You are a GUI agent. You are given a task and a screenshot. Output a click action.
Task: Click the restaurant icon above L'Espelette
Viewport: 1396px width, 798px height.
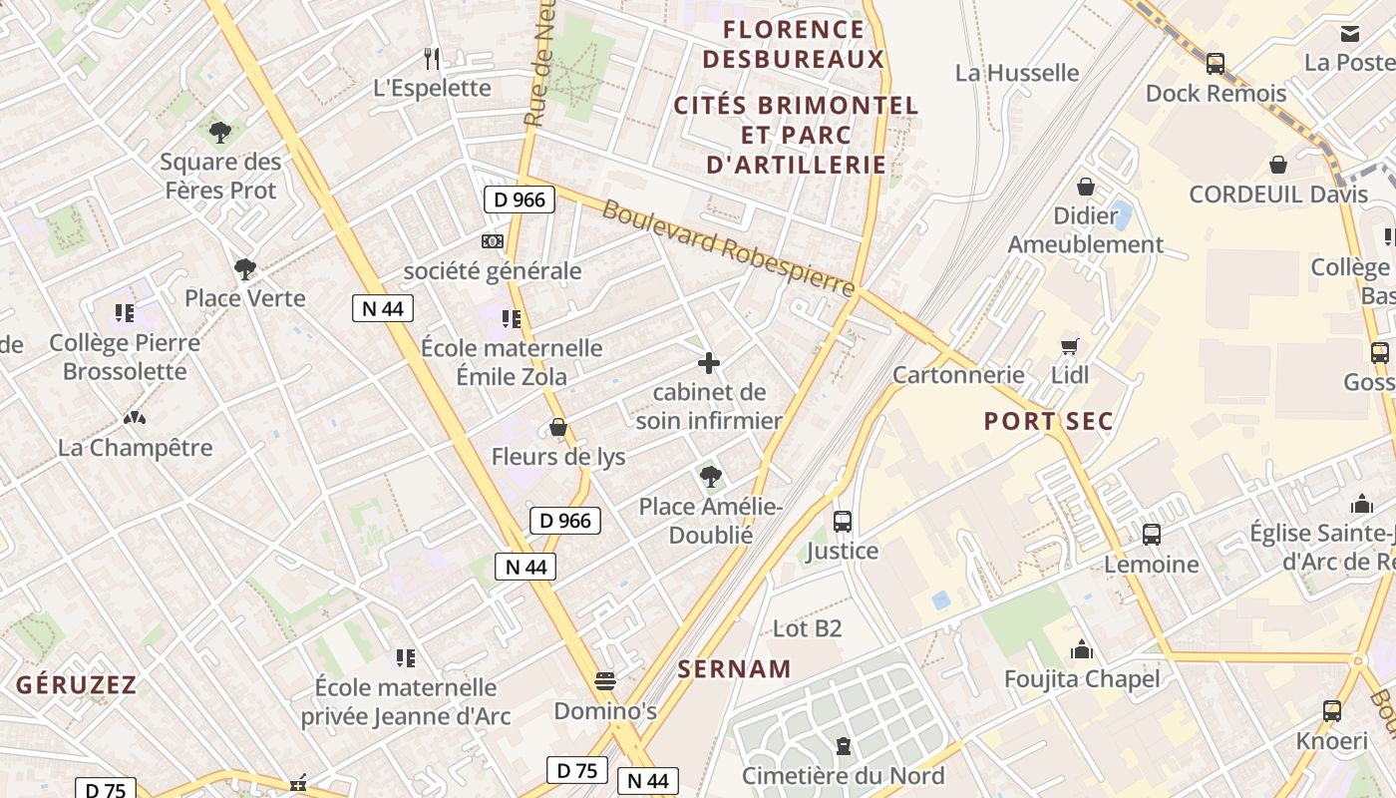(432, 59)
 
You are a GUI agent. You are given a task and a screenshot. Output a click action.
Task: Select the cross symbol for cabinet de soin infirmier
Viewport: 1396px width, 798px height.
(709, 363)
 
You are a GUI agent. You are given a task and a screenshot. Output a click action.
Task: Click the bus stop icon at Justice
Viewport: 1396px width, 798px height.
(843, 522)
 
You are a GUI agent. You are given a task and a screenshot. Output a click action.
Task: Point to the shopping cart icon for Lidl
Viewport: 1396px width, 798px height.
(1070, 346)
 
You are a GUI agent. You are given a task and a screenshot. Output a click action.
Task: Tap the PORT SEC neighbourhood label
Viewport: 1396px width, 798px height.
(1048, 421)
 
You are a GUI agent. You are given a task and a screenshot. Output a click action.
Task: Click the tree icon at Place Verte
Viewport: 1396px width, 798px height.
(244, 269)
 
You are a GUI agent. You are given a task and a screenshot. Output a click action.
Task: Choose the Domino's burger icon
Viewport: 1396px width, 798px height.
(605, 682)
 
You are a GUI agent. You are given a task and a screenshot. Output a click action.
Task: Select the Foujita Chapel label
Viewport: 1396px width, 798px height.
(1082, 679)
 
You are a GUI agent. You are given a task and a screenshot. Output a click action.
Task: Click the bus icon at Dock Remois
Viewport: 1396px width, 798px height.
(1216, 64)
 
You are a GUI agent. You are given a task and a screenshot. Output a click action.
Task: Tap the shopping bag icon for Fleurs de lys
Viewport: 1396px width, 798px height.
(558, 428)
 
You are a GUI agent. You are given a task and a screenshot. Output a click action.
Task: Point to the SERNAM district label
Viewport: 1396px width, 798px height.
(735, 669)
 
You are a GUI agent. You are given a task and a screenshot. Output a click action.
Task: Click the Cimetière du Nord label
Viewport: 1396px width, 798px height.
(844, 775)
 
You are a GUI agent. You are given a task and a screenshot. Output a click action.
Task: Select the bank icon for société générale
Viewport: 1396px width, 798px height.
(493, 241)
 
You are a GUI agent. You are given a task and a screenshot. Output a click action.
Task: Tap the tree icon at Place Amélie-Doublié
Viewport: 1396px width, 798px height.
(710, 477)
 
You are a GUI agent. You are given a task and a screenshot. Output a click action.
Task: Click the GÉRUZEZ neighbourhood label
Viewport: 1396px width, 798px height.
(76, 684)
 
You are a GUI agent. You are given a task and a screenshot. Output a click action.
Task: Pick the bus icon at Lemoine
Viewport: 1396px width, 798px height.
(1152, 535)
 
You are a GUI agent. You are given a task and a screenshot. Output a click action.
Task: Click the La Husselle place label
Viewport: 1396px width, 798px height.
(1017, 73)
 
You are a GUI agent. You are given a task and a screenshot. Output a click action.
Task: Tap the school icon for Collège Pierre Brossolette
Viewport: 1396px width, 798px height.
(125, 314)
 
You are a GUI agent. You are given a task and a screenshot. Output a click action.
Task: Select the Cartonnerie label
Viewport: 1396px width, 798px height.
(958, 375)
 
